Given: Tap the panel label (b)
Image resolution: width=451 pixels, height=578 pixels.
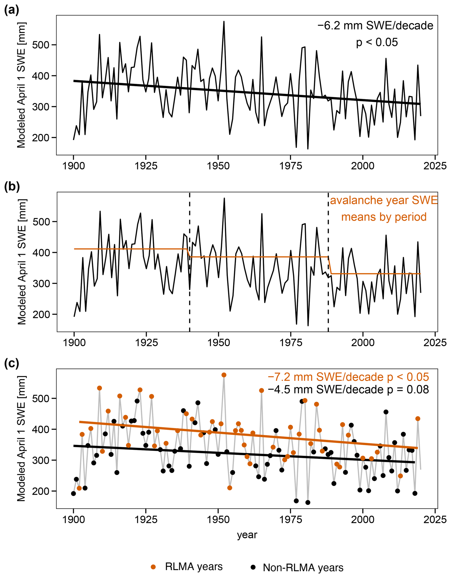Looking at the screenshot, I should pyautogui.click(x=12, y=187).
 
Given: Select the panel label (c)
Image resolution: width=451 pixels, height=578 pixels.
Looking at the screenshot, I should pyautogui.click(x=11, y=363).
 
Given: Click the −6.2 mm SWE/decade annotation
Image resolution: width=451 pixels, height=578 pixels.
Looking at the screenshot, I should pyautogui.click(x=375, y=26).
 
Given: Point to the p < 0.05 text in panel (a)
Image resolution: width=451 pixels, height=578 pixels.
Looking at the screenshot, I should pyautogui.click(x=377, y=42).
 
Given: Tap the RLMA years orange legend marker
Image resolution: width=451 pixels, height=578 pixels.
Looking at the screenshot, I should pyautogui.click(x=153, y=567).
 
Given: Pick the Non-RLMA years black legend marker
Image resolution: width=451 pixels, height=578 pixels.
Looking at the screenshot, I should pyautogui.click(x=253, y=567).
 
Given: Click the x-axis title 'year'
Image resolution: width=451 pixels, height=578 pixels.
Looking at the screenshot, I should pyautogui.click(x=247, y=535).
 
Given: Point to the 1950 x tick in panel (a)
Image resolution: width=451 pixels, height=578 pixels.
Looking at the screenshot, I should pyautogui.click(x=218, y=166).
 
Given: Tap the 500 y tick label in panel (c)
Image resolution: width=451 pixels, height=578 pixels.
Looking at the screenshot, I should pyautogui.click(x=41, y=399).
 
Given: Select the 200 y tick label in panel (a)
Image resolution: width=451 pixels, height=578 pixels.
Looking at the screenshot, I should pyautogui.click(x=41, y=138).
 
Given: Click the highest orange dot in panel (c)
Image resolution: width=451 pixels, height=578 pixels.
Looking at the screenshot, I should pyautogui.click(x=224, y=375).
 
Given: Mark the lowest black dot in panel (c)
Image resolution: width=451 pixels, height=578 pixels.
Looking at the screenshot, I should pyautogui.click(x=308, y=503).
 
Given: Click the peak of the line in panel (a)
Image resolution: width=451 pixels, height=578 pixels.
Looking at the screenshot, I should pyautogui.click(x=224, y=21).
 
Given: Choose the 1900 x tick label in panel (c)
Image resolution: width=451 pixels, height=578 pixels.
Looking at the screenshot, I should pyautogui.click(x=73, y=519).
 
